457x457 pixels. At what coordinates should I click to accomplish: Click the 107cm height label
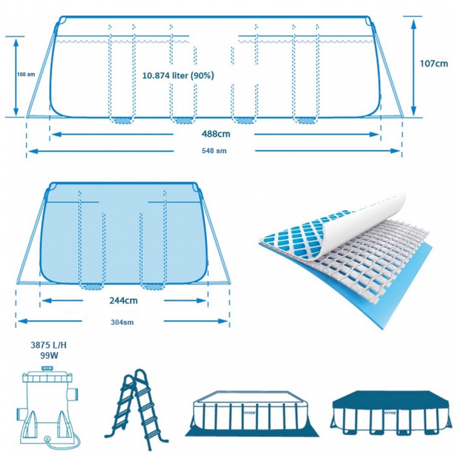[x=434, y=64]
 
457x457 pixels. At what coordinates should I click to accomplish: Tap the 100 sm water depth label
[x=26, y=74]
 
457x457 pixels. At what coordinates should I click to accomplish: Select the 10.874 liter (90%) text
[x=178, y=75]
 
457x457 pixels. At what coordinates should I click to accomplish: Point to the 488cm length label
[x=216, y=134]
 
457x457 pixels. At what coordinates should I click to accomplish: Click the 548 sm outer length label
[x=214, y=151]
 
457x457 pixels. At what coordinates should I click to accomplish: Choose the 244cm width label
[x=124, y=301]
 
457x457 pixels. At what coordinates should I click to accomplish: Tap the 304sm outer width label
[x=122, y=322]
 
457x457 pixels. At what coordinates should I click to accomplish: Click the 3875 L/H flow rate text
[x=48, y=345]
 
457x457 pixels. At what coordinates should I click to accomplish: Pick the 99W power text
[x=49, y=355]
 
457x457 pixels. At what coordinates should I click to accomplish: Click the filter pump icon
[x=48, y=408]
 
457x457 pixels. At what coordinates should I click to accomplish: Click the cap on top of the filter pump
[x=47, y=369]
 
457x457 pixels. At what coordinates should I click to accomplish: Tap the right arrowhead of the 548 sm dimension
[x=396, y=151]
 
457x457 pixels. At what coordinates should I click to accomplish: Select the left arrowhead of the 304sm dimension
[x=22, y=321]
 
